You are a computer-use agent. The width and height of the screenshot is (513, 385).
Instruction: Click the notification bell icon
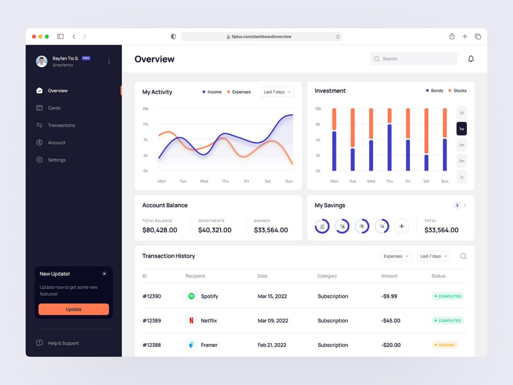pyautogui.click(x=471, y=59)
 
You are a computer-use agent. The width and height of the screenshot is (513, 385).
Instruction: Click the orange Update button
pyautogui.click(x=74, y=309)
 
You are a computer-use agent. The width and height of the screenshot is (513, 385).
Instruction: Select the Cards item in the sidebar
pyautogui.click(x=54, y=108)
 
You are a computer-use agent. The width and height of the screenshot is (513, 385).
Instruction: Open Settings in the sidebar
pyautogui.click(x=57, y=160)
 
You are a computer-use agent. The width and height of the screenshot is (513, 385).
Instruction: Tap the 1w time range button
pyautogui.click(x=461, y=129)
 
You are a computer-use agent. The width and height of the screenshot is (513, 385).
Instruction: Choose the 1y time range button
pyautogui.click(x=461, y=177)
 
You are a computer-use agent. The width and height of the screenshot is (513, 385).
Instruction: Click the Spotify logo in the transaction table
pyautogui.click(x=191, y=296)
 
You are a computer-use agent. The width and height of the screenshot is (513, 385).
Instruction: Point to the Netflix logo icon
pyautogui.click(x=191, y=320)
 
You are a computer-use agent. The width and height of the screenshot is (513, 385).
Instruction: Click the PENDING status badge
pyautogui.click(x=445, y=345)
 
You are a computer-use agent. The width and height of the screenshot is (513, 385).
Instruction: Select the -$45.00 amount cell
pyautogui.click(x=391, y=320)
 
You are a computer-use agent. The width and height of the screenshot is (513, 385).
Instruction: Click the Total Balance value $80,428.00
pyautogui.click(x=160, y=230)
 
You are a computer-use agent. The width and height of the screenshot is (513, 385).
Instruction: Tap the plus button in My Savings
pyautogui.click(x=401, y=226)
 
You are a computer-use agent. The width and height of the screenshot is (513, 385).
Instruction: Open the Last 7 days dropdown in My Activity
pyautogui.click(x=277, y=92)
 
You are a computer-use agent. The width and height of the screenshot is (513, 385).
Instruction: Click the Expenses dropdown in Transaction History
pyautogui.click(x=396, y=256)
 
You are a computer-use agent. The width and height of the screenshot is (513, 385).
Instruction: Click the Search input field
pyautogui.click(x=414, y=59)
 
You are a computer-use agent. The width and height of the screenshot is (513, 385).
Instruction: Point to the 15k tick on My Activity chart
pyautogui.click(x=145, y=108)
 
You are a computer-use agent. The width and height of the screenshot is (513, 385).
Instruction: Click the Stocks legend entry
pyautogui.click(x=457, y=91)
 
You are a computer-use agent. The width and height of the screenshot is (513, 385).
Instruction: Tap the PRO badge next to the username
pyautogui.click(x=86, y=58)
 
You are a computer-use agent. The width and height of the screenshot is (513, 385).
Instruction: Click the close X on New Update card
pyautogui.click(x=104, y=274)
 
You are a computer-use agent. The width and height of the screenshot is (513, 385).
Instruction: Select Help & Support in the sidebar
pyautogui.click(x=63, y=343)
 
